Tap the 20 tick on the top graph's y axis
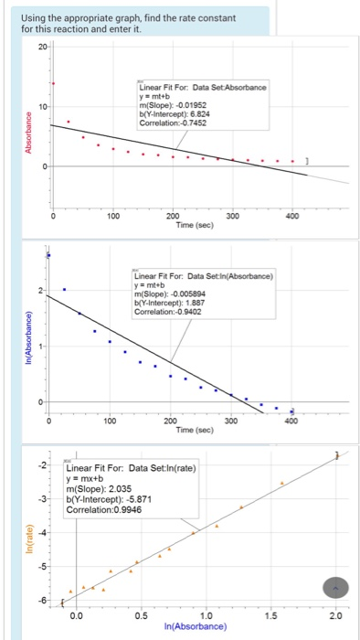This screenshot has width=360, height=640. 42,46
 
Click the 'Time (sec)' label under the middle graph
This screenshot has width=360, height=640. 194,429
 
